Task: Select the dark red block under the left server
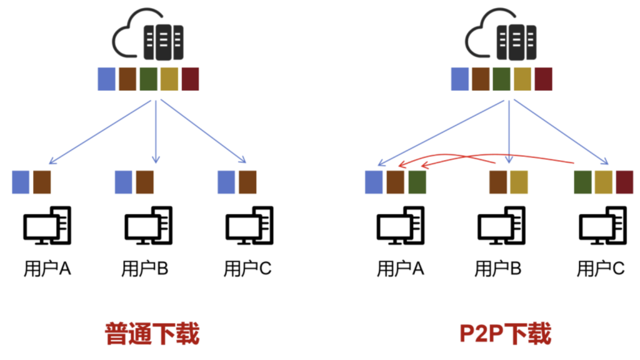[190, 79]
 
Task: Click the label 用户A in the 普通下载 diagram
[47, 269]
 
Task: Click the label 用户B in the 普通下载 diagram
[145, 269]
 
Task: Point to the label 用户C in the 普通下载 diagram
[247, 269]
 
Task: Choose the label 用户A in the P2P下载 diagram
[401, 269]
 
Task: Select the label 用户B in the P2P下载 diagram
[498, 269]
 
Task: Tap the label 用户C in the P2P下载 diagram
[601, 269]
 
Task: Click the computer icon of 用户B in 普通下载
[149, 226]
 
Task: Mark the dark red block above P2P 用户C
[624, 181]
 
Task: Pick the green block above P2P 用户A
[416, 181]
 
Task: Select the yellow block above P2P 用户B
[519, 181]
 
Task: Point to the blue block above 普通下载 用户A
[21, 181]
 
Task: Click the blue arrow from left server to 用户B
[156, 131]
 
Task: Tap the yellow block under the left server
[169, 79]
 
